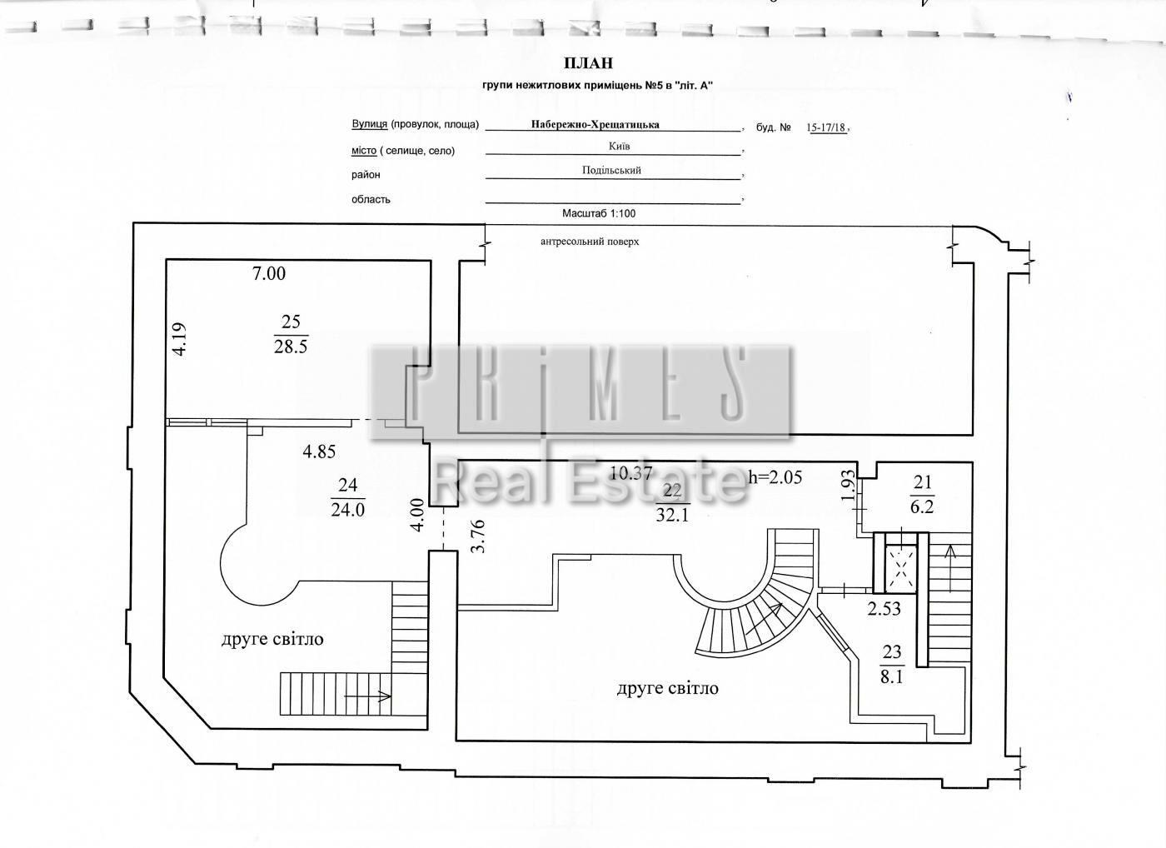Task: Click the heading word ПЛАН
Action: click(589, 63)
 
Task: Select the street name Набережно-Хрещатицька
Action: click(595, 124)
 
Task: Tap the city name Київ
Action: click(619, 147)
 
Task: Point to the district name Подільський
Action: click(611, 170)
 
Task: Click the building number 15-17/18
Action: click(826, 127)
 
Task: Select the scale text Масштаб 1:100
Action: click(599, 213)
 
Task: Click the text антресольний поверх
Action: click(590, 242)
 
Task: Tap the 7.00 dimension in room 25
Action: click(269, 273)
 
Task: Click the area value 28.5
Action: click(291, 347)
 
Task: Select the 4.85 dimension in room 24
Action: click(319, 451)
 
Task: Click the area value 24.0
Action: click(348, 510)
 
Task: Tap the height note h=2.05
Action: click(775, 476)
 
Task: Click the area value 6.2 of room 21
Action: click(922, 506)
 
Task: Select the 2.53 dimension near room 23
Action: click(884, 608)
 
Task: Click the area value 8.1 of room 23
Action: click(892, 678)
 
